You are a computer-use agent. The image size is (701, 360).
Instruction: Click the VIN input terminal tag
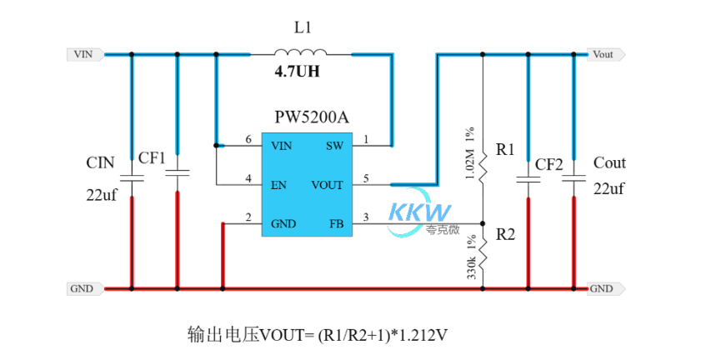coord(84,54)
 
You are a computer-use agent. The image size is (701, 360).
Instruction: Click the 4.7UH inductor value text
coord(297,72)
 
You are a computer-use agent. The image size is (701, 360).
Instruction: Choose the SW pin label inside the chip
coord(334,146)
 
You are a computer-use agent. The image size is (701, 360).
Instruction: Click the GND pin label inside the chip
coord(283,223)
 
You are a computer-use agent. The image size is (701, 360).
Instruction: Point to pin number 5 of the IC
coord(366,177)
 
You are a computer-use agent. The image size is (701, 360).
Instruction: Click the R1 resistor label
coord(505,150)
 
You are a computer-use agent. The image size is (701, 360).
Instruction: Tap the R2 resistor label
coord(505,235)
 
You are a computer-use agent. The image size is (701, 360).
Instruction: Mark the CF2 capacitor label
coord(548,164)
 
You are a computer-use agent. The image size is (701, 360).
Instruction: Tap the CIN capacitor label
coord(99,162)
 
